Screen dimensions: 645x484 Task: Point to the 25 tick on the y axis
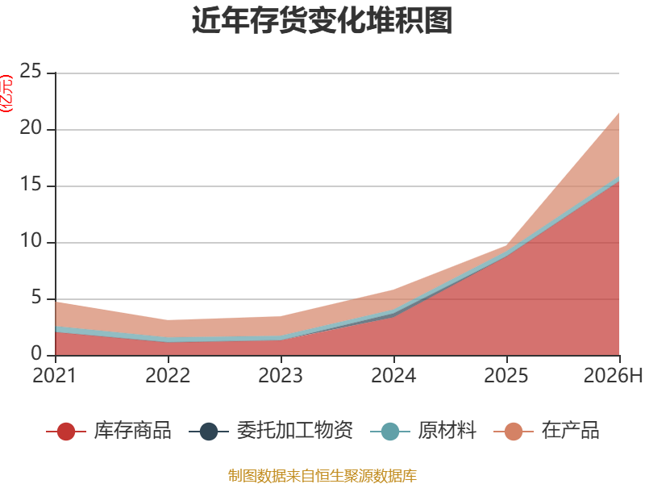point(31,71)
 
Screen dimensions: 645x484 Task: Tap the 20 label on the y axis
point(31,127)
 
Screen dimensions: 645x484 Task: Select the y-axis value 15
point(31,184)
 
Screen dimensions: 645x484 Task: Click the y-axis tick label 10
point(31,240)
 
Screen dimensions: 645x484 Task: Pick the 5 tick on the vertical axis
point(36,297)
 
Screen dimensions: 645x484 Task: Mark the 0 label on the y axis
point(36,353)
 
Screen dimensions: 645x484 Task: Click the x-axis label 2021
point(55,375)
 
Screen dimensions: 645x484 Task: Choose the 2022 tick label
point(168,375)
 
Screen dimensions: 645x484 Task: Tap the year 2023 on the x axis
point(281,375)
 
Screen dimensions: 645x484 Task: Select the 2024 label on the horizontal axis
point(393,375)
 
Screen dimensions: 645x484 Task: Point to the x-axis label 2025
point(506,375)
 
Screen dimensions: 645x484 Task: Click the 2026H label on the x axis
point(613,375)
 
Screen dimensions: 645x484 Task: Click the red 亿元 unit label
point(6,94)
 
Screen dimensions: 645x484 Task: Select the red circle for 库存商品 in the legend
point(66,432)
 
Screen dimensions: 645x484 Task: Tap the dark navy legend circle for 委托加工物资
point(209,432)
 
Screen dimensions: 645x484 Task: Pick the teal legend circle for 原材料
point(390,432)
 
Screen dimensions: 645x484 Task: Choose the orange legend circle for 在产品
point(514,432)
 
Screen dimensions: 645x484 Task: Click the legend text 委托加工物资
point(295,431)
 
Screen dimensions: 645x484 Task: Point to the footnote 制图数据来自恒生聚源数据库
point(322,475)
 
